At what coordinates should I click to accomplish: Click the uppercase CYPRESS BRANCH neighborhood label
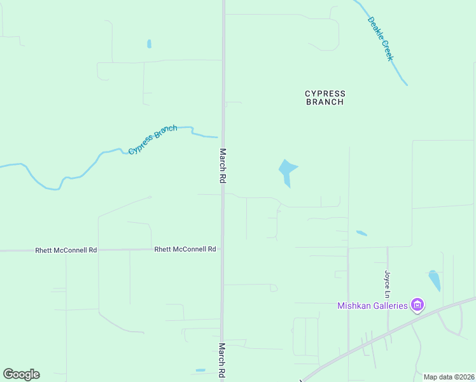point(325,97)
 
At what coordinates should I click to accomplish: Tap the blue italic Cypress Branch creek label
point(153,139)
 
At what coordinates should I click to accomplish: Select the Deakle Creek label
point(381,39)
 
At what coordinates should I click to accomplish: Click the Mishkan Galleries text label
point(372,306)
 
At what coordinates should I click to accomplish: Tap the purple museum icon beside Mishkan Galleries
point(417,306)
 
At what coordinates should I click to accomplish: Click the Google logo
point(21,374)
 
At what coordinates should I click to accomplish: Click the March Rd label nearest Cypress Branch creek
point(223,167)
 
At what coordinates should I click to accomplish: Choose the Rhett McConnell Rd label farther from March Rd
point(66,251)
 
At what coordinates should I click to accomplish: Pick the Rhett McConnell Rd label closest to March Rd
point(185,250)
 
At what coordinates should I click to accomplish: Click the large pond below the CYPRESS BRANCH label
point(286,171)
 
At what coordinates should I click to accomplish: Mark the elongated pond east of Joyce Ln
point(434,280)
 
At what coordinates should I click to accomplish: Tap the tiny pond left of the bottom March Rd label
point(200,370)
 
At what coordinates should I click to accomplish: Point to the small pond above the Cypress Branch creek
point(149,44)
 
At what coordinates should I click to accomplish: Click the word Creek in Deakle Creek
point(388,50)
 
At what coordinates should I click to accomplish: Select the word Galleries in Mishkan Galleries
point(390,306)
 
